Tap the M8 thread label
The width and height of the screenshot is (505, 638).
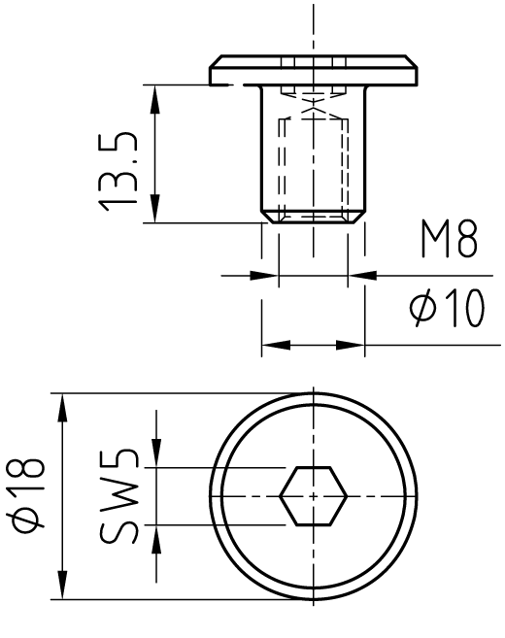coord(449,239)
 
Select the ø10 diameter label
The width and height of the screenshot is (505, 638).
coord(447,308)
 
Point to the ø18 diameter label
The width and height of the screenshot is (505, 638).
coord(25,493)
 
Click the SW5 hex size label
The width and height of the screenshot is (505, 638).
coord(118,496)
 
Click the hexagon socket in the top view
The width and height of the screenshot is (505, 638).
coord(314,496)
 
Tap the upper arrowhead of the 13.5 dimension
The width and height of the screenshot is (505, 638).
coord(154,99)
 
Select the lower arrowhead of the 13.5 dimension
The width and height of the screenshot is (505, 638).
coord(154,209)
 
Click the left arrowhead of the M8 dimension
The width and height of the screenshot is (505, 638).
coord(264,276)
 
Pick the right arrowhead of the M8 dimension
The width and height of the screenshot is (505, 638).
coord(362,276)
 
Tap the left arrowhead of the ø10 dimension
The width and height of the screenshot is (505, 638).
coord(276,345)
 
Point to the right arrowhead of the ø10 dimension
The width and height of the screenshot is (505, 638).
coord(351,345)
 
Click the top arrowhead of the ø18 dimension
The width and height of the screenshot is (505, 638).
coord(62,408)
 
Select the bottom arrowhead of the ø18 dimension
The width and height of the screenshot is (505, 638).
coord(62,585)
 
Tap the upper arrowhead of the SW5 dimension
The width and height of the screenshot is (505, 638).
coord(156,453)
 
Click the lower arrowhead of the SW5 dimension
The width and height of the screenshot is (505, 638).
coord(156,540)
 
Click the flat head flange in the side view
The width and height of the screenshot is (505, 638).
coord(314,70)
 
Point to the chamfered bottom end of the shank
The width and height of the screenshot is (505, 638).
coord(314,216)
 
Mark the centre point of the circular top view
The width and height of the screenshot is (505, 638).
coord(314,496)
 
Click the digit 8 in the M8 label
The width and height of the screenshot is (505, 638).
coord(466,239)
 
